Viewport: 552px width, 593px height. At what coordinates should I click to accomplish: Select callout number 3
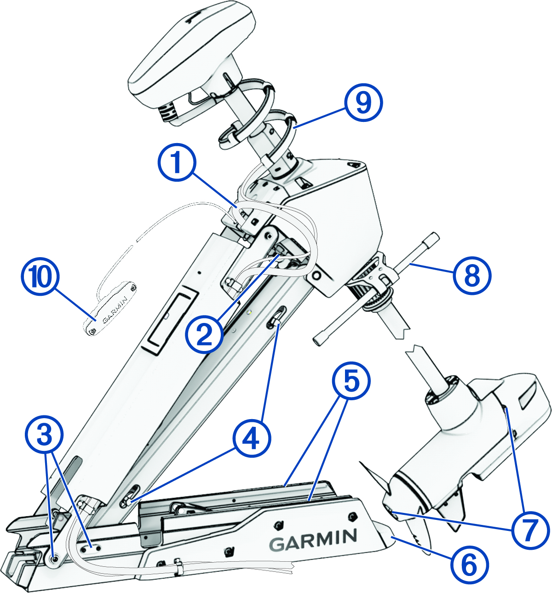(x=44, y=434)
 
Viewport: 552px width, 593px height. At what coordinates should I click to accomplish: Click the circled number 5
(x=351, y=382)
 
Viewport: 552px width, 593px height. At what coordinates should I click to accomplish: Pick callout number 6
(x=469, y=564)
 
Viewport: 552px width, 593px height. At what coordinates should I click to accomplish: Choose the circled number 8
(x=472, y=276)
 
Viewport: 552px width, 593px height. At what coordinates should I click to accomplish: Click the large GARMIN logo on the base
(x=313, y=539)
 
